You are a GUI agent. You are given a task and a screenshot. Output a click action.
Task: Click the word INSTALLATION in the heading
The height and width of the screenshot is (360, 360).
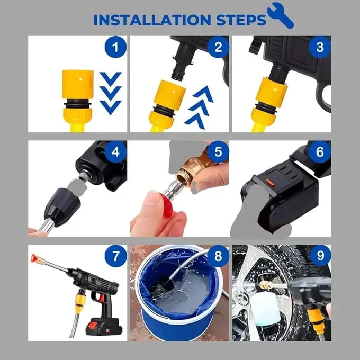tap(152, 20)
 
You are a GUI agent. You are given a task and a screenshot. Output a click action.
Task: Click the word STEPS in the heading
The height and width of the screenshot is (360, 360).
tap(241, 20)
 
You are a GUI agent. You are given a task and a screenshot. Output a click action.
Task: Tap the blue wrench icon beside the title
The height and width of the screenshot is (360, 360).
tap(281, 15)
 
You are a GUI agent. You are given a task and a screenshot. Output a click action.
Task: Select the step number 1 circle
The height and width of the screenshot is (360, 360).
tap(115, 47)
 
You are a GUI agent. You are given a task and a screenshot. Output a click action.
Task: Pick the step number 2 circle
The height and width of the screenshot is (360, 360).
tap(218, 47)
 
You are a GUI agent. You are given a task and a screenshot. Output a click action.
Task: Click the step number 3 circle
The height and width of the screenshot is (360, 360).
tap(320, 47)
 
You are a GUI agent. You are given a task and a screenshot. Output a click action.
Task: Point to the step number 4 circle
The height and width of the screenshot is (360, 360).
tap(115, 152)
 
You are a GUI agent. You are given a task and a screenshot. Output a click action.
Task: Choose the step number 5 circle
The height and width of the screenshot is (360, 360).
tap(218, 152)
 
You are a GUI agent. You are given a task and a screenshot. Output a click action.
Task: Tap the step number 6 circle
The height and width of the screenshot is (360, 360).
tap(320, 152)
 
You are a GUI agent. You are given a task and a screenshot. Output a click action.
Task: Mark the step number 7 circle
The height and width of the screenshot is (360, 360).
tap(115, 256)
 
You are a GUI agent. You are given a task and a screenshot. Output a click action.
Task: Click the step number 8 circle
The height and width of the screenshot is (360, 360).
tap(218, 256)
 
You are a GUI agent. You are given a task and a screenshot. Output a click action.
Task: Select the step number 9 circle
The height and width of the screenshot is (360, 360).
tap(320, 255)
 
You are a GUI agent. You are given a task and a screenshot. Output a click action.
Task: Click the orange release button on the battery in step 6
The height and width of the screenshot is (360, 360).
tap(270, 182)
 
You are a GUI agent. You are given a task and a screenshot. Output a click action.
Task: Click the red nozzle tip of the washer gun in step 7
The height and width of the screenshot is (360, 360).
tap(34, 258)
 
